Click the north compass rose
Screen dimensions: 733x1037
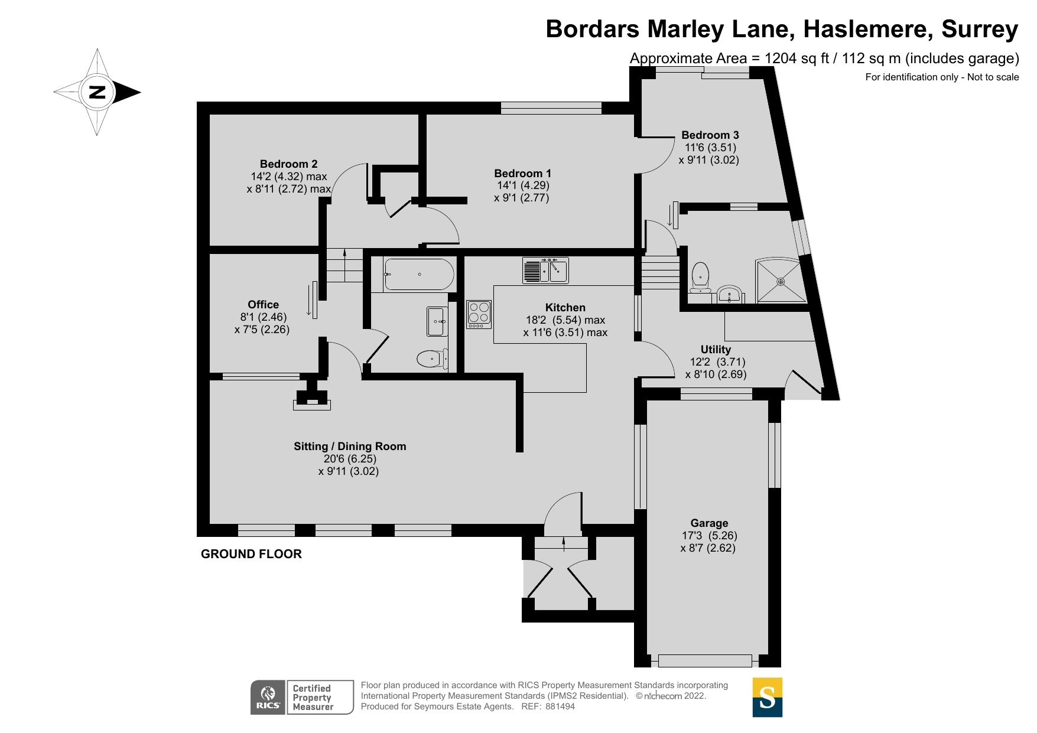tap(97, 92)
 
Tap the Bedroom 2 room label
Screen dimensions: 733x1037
tap(288, 164)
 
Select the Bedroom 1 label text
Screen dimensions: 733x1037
tap(522, 173)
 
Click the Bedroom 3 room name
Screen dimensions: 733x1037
tap(710, 135)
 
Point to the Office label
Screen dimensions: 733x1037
tap(263, 304)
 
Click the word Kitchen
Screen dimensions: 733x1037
tap(565, 307)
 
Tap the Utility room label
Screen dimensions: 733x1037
tap(716, 349)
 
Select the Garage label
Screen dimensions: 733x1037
tap(709, 523)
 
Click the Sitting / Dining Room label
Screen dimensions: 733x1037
tap(350, 446)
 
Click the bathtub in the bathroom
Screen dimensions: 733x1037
tap(419, 275)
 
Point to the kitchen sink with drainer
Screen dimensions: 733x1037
tap(545, 271)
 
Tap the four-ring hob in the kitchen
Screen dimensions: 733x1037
tap(479, 314)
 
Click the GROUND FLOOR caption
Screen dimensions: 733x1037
tap(251, 553)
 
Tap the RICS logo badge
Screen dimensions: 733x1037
tap(268, 697)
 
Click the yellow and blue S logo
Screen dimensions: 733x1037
tap(767, 697)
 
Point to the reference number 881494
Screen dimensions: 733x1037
tap(560, 706)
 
